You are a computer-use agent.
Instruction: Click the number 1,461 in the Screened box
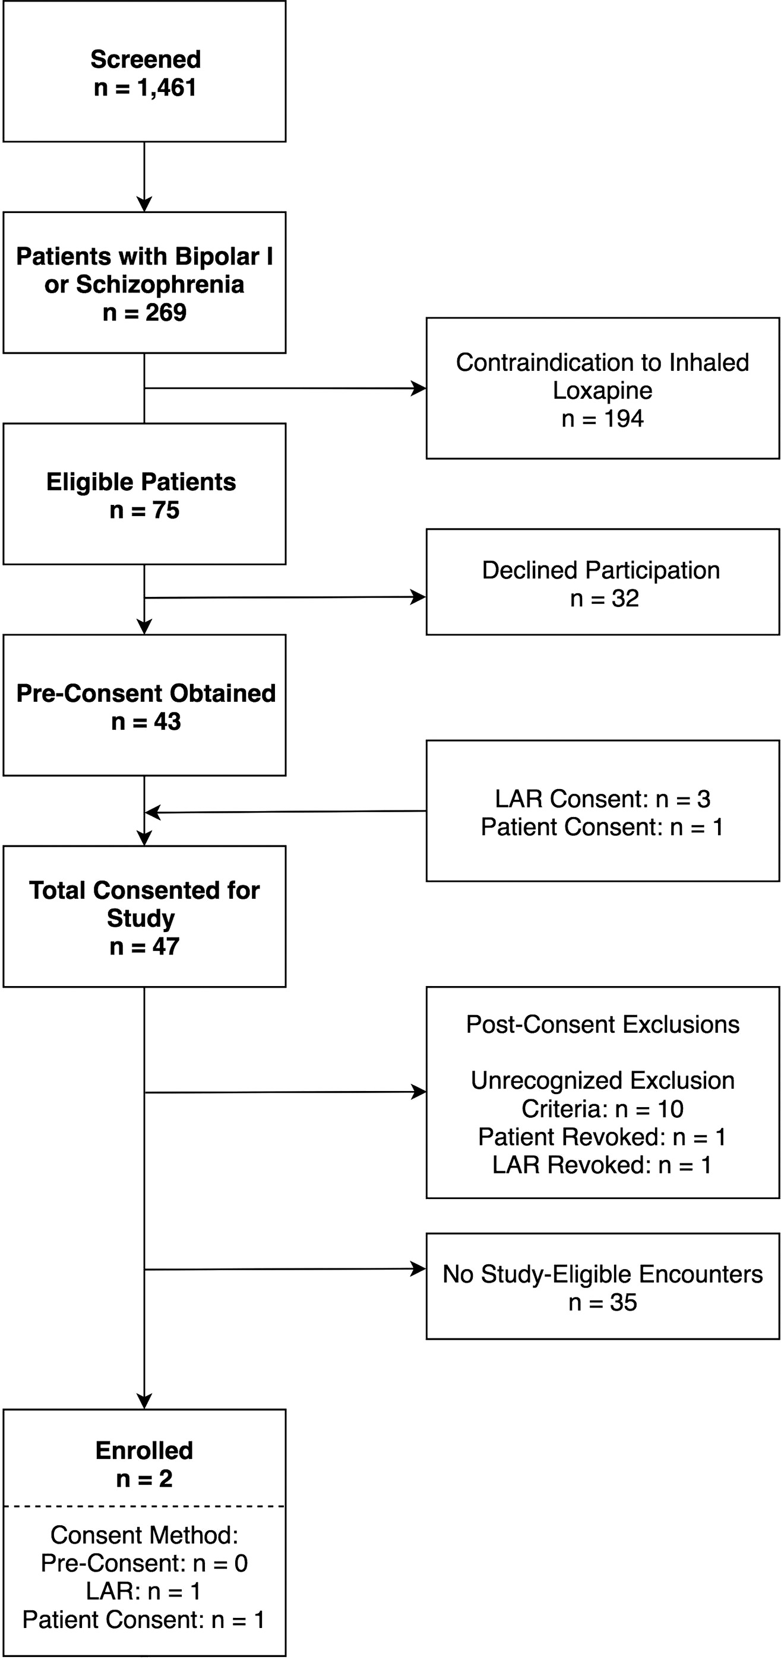(166, 87)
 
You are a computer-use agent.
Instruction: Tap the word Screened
(146, 59)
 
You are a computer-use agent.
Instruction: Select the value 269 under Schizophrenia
(166, 313)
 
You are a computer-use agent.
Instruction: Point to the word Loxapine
(602, 390)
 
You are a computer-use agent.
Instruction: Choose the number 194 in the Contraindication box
(624, 419)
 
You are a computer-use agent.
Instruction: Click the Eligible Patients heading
(141, 482)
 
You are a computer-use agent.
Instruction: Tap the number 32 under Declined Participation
(625, 599)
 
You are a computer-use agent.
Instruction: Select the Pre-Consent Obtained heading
(146, 694)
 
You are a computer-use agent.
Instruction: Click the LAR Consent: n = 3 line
(602, 799)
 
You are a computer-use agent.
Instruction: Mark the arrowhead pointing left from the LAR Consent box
(152, 812)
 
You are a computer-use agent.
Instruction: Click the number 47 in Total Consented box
(166, 947)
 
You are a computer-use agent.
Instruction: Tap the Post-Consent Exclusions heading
(602, 1025)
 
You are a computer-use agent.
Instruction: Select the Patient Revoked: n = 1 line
(602, 1137)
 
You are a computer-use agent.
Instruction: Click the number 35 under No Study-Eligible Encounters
(623, 1302)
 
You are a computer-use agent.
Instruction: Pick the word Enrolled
(144, 1450)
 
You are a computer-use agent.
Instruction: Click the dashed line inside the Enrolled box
(144, 1506)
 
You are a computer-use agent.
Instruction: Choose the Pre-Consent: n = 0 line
(144, 1563)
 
